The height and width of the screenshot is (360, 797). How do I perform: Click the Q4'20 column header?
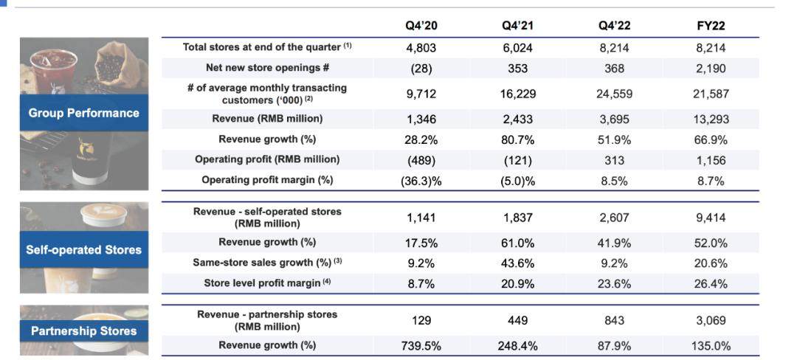[421, 26]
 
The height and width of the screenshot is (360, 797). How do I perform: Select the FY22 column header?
[711, 26]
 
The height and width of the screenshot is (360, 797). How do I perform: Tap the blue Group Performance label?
[84, 113]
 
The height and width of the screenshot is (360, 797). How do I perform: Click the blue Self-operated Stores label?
[84, 249]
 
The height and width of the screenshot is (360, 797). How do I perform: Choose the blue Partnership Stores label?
[84, 331]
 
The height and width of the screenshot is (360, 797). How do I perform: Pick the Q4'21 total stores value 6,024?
[517, 48]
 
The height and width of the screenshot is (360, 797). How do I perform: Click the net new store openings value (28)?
[421, 69]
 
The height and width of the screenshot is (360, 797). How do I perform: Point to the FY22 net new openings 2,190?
[711, 69]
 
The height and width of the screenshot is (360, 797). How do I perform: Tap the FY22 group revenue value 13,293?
[711, 120]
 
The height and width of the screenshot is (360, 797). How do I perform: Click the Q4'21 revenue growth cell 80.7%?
[517, 139]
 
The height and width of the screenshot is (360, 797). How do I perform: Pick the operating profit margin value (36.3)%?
[421, 181]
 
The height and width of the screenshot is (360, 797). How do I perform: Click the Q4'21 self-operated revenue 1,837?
[517, 218]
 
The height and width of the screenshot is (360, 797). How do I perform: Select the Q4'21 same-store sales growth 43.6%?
[517, 263]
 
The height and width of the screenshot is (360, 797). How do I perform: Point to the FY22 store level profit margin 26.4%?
[711, 284]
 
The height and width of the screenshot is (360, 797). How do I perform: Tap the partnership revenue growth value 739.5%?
[421, 346]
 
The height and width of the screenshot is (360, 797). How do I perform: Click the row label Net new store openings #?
[268, 68]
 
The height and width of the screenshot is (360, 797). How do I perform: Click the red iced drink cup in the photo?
[51, 71]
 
